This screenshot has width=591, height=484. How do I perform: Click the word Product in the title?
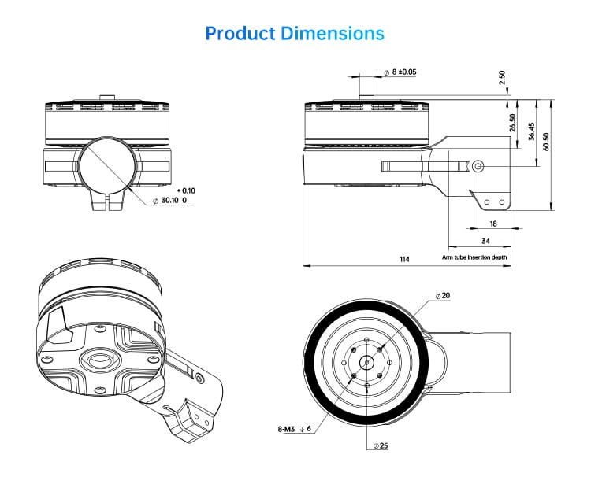[240, 34]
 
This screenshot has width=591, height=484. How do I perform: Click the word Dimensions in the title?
[333, 34]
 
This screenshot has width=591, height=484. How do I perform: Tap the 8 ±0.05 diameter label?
[400, 72]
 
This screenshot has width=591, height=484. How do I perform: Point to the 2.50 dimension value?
[502, 78]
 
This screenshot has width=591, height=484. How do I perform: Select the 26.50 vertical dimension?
[513, 123]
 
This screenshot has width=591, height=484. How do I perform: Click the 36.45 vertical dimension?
[531, 131]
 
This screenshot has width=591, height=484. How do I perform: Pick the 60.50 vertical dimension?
[546, 142]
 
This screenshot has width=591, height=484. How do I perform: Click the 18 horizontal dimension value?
[493, 224]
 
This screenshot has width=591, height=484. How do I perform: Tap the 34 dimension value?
[486, 241]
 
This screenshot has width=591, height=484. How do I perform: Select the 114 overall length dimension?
[404, 259]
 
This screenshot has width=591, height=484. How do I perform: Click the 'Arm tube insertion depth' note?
[474, 257]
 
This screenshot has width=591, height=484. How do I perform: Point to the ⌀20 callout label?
[443, 296]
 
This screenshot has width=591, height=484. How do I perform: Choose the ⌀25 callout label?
[381, 445]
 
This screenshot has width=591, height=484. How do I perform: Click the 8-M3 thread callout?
[295, 429]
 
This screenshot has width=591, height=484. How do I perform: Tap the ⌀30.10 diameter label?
[169, 200]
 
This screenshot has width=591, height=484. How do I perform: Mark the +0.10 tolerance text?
[186, 190]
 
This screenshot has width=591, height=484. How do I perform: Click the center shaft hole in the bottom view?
[366, 363]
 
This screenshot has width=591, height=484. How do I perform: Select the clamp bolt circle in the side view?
[478, 166]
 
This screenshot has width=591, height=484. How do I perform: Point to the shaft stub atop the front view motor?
[107, 97]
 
